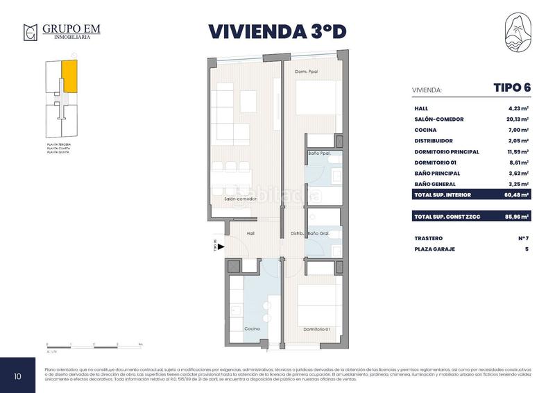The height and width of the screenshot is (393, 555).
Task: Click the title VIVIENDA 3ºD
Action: (x=277, y=32)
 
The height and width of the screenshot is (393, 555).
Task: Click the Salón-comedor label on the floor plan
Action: (x=240, y=199)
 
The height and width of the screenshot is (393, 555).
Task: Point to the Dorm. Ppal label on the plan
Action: (x=305, y=72)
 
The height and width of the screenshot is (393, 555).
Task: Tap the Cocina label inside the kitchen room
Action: (x=252, y=328)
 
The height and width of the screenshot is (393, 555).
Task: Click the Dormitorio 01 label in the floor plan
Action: (x=316, y=328)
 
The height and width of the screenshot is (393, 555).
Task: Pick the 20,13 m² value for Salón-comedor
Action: (x=517, y=119)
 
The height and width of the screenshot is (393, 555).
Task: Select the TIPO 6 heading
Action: (x=511, y=87)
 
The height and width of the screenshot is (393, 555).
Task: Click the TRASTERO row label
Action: (x=429, y=239)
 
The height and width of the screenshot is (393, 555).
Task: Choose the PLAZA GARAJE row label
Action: (x=434, y=249)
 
